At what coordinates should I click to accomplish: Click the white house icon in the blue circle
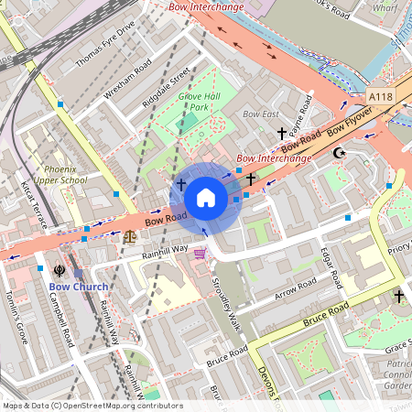206,197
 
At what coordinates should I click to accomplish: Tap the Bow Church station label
78,287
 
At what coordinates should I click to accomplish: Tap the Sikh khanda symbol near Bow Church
60,271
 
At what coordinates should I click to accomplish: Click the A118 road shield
382,96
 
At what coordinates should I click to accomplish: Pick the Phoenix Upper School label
66,175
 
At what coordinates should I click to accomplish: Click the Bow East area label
260,114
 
